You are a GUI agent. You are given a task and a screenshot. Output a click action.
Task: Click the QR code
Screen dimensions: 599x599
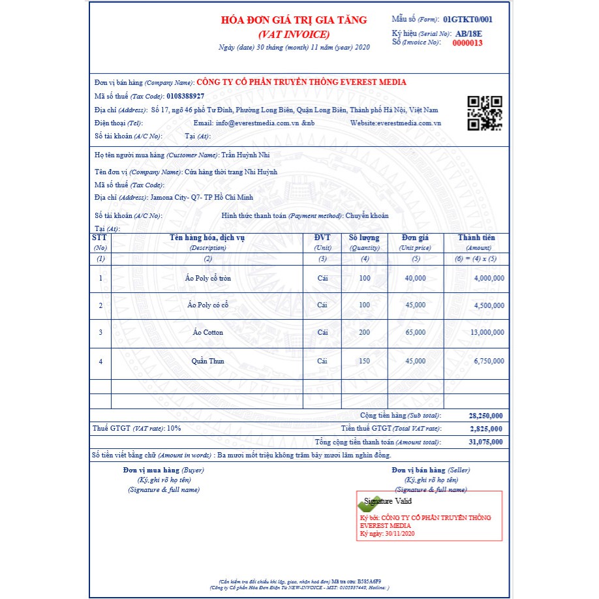coord(485,113)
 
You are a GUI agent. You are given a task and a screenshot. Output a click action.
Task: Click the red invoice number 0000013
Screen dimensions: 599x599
coord(468,43)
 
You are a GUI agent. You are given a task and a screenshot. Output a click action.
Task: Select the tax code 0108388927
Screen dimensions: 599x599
coord(190,96)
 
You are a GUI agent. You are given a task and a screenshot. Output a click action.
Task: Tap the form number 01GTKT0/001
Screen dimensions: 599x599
coord(467,20)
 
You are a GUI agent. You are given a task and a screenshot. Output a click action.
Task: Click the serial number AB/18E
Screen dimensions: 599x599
coord(470,33)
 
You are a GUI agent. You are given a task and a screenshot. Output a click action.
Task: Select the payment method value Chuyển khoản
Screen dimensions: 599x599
coord(367,215)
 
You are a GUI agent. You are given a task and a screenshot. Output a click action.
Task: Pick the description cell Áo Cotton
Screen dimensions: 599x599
coord(208,333)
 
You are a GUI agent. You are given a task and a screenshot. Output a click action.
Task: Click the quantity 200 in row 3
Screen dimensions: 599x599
coord(364,333)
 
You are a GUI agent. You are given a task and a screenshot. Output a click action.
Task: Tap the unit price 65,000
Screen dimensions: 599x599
coord(415,333)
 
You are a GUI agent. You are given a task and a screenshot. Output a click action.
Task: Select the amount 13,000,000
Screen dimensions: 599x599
coord(487,333)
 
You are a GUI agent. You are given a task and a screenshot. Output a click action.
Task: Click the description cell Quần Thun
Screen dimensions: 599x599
coord(208,361)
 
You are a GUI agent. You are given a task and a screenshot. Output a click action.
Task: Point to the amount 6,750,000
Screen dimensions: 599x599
coord(489,361)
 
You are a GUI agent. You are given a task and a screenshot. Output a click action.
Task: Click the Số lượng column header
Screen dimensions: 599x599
coord(364,238)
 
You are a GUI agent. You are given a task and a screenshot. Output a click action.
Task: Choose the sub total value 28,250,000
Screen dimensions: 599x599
coord(485,416)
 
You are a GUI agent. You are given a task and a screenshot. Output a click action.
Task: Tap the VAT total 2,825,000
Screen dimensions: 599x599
coord(486,429)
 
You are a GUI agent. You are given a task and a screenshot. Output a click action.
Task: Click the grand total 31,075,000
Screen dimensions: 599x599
coord(485,442)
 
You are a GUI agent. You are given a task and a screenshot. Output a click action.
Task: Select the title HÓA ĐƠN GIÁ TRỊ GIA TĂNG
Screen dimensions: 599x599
coord(294,20)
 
